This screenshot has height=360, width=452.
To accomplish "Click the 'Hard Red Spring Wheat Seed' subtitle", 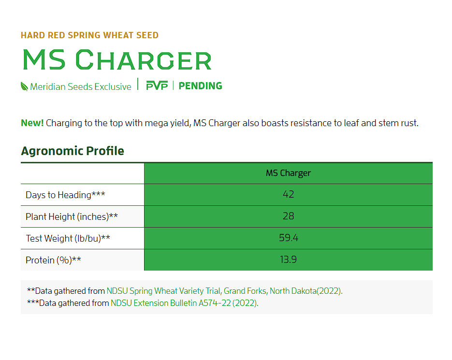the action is (x=89, y=35).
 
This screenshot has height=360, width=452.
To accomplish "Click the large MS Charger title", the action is (x=117, y=60).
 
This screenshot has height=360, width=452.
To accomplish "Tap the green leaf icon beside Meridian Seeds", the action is (x=24, y=86).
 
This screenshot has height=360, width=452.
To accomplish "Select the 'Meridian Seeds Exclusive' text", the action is (x=81, y=87).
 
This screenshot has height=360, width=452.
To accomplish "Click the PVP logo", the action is (x=157, y=86).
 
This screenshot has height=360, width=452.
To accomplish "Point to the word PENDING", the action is (x=200, y=86).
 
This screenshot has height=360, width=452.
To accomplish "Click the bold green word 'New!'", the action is (x=32, y=123).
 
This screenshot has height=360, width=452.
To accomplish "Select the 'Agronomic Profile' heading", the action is (x=73, y=151).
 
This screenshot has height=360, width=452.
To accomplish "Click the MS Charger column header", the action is (x=288, y=173).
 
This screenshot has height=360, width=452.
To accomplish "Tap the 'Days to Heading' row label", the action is (x=65, y=195).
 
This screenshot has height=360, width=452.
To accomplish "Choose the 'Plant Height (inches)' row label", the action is (x=72, y=216).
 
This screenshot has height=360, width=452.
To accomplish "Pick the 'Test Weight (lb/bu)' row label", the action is (x=68, y=238).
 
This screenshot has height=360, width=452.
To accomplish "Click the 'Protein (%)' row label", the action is (x=53, y=260).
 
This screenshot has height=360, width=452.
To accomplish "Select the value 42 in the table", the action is (x=288, y=194).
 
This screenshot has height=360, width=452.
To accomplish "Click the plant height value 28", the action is (x=288, y=216).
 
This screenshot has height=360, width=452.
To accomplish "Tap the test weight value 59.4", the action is (x=289, y=238).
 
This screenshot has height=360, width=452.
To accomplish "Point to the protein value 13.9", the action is (x=288, y=259).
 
